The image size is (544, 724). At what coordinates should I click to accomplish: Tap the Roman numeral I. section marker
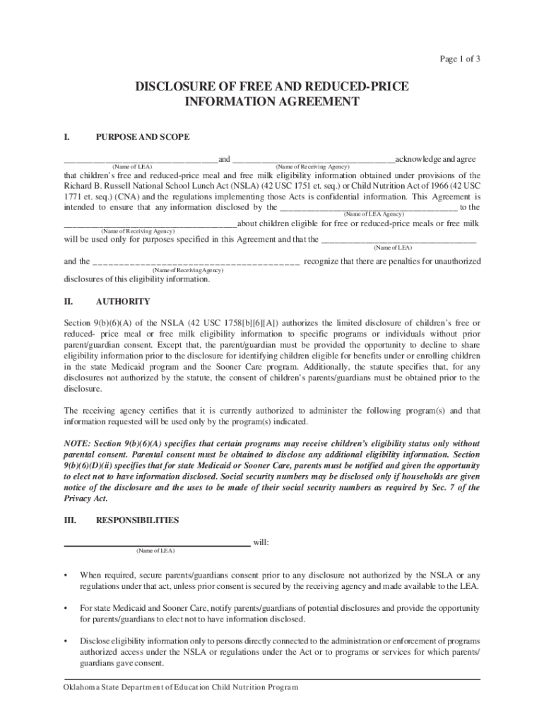tap(67, 136)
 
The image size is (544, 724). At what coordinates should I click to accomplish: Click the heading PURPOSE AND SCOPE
tap(142, 136)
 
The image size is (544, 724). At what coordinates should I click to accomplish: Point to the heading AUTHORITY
tap(123, 301)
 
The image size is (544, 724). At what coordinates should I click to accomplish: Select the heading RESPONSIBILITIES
tap(137, 520)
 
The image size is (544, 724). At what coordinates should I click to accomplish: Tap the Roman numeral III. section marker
tap(71, 520)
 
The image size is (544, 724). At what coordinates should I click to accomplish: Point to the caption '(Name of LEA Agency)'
tap(373, 214)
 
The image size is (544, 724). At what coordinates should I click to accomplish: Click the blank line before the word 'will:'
tap(157, 544)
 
